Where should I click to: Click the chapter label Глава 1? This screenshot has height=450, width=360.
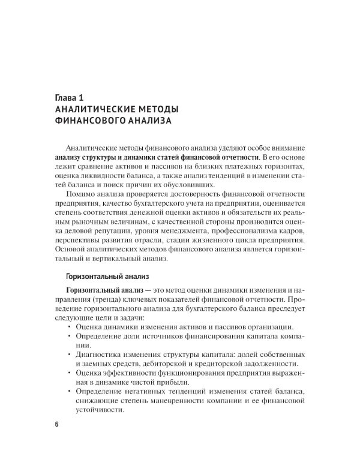pyautogui.click(x=74, y=97)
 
